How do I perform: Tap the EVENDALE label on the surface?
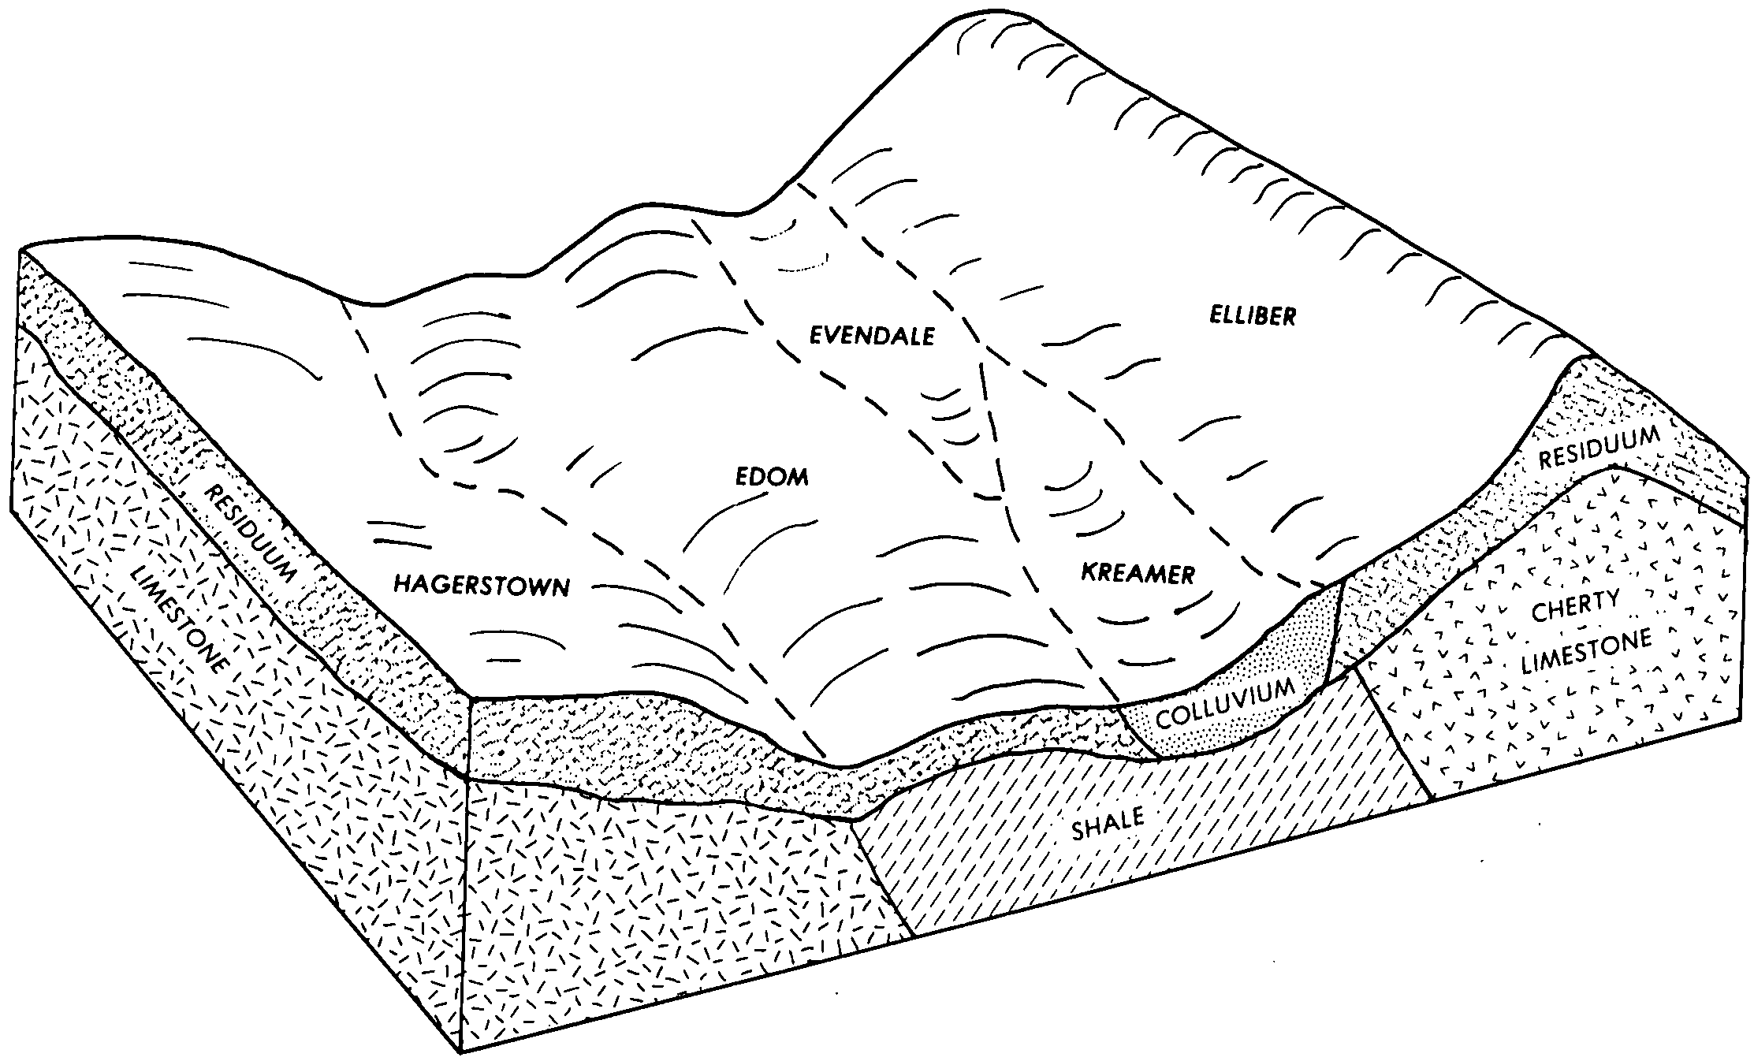(873, 336)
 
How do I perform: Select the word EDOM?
(773, 477)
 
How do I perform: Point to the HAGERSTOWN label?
(482, 585)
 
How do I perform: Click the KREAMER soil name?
(1138, 573)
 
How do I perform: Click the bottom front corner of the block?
(460, 1053)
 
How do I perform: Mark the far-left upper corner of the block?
(20, 251)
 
